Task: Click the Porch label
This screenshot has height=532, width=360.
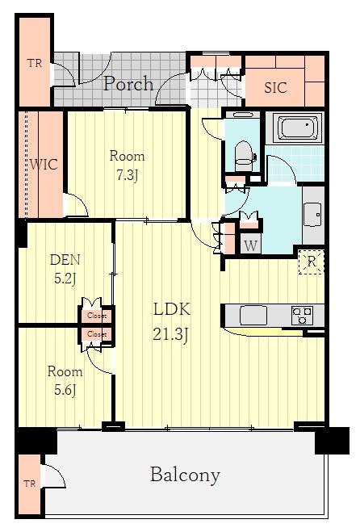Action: [128, 84]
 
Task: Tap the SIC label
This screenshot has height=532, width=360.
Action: [275, 88]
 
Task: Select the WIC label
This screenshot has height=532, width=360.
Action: [44, 165]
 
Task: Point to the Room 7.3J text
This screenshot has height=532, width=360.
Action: [127, 165]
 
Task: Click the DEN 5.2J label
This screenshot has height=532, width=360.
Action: [65, 269]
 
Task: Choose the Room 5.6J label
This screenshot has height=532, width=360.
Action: [65, 380]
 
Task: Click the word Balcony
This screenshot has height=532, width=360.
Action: [185, 475]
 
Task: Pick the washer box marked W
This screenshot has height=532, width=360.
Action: [251, 245]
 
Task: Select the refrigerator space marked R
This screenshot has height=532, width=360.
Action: [311, 262]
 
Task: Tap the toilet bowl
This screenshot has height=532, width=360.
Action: [244, 155]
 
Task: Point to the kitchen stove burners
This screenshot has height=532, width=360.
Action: [302, 315]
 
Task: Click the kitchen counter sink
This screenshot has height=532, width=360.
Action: [253, 315]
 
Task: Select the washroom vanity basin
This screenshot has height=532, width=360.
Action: [312, 215]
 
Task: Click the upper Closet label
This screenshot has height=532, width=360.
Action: [97, 316]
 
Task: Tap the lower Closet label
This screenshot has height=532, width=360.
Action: [97, 334]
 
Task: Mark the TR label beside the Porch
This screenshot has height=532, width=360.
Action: [35, 63]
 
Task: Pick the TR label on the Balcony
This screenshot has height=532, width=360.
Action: [30, 484]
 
